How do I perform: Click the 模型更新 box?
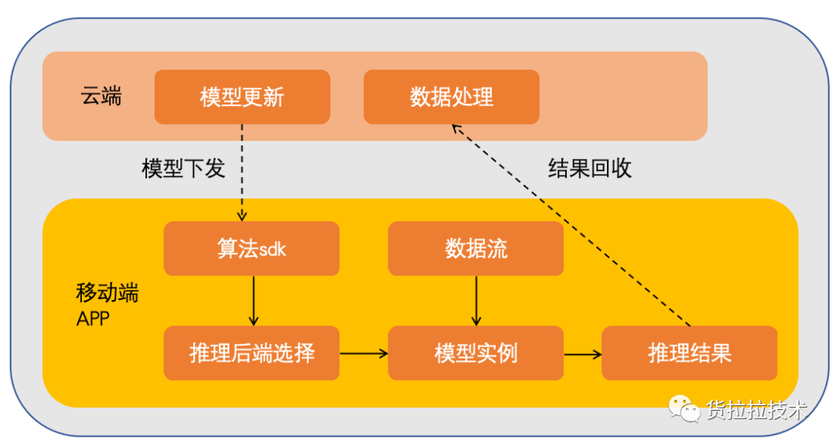tap(242, 97)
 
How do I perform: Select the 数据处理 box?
tap(452, 97)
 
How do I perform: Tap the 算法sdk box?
tap(251, 248)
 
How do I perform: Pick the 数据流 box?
tap(476, 248)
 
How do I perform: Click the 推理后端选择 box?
tap(251, 353)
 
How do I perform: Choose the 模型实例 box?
tap(476, 353)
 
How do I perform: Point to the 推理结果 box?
tap(690, 353)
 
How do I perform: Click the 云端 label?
tap(101, 97)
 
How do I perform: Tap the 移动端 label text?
tap(107, 292)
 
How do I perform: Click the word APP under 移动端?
tap(94, 319)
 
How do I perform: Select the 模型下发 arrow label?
tap(183, 169)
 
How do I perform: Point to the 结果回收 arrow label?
tap(590, 169)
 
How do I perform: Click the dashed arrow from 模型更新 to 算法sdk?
tap(242, 172)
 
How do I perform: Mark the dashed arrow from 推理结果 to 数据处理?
tap(571, 225)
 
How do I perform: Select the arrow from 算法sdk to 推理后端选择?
tap(254, 301)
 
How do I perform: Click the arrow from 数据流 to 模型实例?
tap(476, 301)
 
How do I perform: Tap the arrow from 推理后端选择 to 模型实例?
tap(363, 353)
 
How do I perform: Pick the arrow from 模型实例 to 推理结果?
tap(583, 353)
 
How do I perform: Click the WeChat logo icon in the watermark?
tap(684, 408)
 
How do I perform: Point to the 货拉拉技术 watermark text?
tap(757, 410)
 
